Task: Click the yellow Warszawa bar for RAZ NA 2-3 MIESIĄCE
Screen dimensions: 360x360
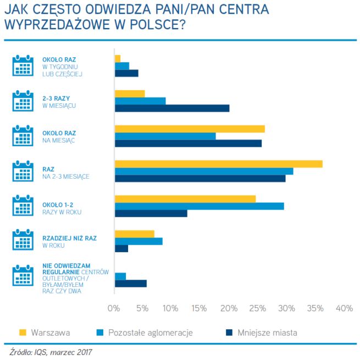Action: click(x=218, y=164)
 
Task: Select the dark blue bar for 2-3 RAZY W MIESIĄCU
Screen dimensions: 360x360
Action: click(x=171, y=108)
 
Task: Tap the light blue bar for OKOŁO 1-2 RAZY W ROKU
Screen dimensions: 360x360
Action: click(x=199, y=206)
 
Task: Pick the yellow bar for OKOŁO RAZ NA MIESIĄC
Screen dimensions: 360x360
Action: click(x=190, y=129)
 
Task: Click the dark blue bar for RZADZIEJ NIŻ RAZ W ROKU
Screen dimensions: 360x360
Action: click(x=121, y=248)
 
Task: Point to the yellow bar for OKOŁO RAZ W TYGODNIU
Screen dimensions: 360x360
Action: click(x=118, y=58)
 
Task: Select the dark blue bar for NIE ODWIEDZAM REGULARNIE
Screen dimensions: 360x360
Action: click(x=131, y=284)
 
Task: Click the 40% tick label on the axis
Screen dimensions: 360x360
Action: click(x=344, y=308)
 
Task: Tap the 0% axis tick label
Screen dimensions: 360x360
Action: click(x=114, y=308)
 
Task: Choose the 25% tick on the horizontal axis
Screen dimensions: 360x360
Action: click(x=257, y=308)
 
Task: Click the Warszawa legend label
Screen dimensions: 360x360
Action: click(x=50, y=333)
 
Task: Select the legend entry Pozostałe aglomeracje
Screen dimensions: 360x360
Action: click(x=150, y=333)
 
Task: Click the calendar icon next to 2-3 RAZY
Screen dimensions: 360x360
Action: click(x=23, y=101)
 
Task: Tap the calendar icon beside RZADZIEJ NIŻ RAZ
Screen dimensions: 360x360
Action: click(x=23, y=241)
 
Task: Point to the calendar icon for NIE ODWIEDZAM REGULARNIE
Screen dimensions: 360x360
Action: click(x=23, y=276)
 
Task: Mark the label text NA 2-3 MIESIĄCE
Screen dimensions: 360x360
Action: click(x=66, y=176)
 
